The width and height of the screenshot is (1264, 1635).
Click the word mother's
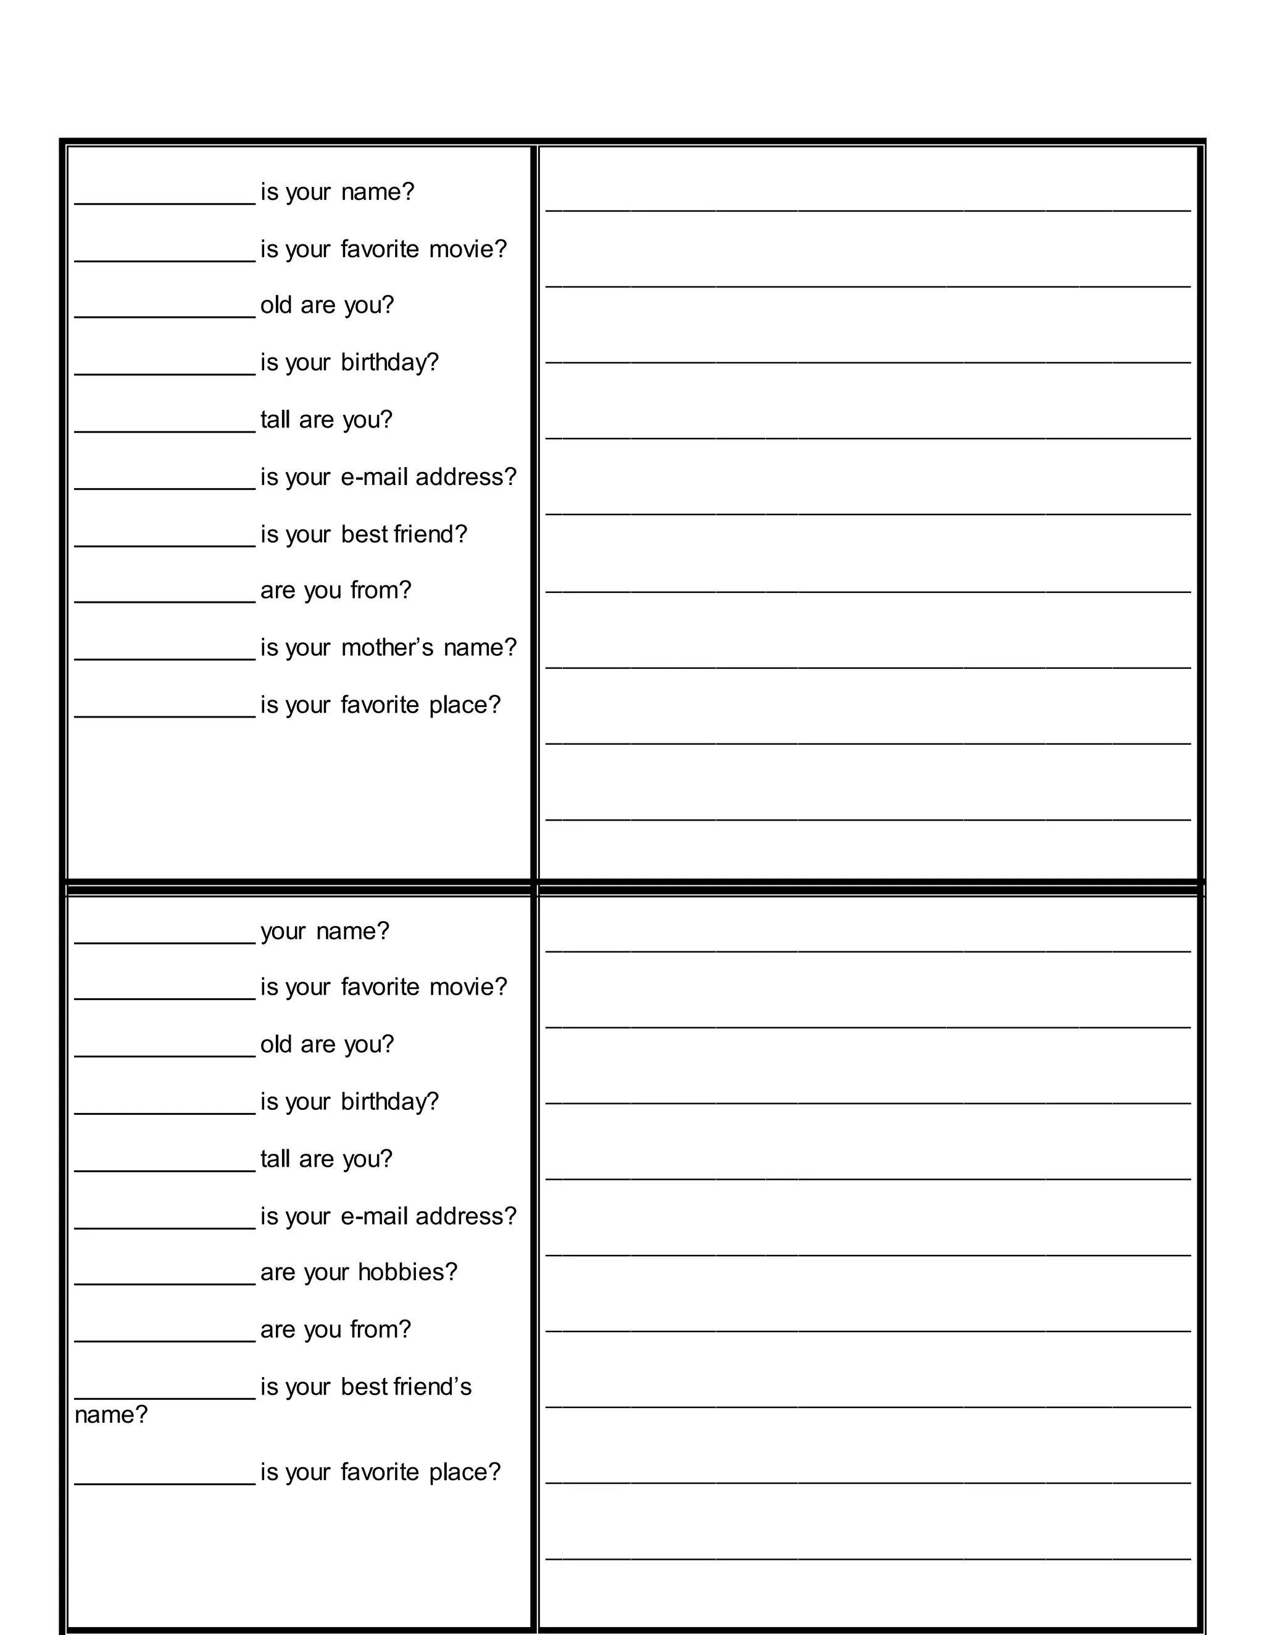pyautogui.click(x=386, y=648)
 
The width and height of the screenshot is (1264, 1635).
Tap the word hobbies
pyautogui.click(x=407, y=1272)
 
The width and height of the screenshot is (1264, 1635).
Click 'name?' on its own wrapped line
pyautogui.click(x=111, y=1415)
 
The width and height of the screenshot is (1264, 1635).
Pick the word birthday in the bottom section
pyautogui.click(x=389, y=1102)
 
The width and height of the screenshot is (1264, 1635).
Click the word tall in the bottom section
pyautogui.click(x=275, y=1159)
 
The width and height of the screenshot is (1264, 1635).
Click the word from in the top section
pyautogui.click(x=380, y=590)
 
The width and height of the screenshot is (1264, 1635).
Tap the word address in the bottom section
pyautogui.click(x=466, y=1216)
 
